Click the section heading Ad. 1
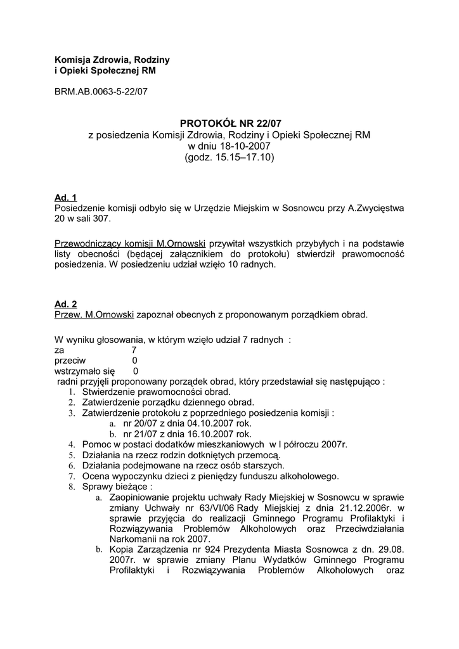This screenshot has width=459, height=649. pyautogui.click(x=66, y=197)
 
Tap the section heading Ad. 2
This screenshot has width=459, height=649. pyautogui.click(x=66, y=304)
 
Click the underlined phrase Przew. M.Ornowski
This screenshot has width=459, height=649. pyautogui.click(x=94, y=315)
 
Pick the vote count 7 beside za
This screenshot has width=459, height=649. pyautogui.click(x=134, y=349)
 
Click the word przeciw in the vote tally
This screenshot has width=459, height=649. pyautogui.click(x=70, y=360)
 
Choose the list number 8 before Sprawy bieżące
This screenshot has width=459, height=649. pyautogui.click(x=71, y=487)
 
